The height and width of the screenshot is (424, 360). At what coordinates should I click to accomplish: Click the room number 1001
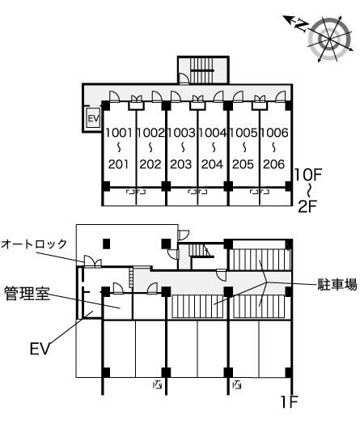[x=119, y=133]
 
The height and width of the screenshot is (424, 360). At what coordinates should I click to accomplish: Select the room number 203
[x=181, y=164]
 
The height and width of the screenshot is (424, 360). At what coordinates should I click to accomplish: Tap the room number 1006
[x=274, y=133]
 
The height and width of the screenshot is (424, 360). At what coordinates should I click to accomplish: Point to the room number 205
[x=243, y=164]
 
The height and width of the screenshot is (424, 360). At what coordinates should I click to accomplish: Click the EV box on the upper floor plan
[x=93, y=118]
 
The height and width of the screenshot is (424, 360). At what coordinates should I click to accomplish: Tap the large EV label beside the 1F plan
[x=40, y=348]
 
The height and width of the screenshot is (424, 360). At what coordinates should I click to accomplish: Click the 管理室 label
[x=27, y=293]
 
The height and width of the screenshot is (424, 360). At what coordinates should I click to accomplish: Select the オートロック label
[x=34, y=244]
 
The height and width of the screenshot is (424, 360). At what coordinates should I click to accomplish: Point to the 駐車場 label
[x=337, y=284]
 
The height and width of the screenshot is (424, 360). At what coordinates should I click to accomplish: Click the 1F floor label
[x=289, y=401]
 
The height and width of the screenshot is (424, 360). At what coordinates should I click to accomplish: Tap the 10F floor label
[x=308, y=175]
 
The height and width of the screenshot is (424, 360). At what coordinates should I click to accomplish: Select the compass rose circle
[x=330, y=39]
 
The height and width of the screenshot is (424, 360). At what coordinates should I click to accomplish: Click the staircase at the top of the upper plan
[x=203, y=70]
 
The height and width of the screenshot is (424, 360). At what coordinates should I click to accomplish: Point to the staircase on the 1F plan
[x=201, y=251]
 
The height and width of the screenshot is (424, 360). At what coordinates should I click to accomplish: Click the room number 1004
[x=212, y=133]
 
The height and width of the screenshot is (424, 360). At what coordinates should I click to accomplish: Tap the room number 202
[x=150, y=164]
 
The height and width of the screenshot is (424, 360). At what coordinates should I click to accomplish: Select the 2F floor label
[x=307, y=207]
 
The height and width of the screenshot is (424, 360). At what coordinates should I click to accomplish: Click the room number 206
[x=274, y=164]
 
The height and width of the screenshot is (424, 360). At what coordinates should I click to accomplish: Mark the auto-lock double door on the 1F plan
[x=93, y=261]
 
